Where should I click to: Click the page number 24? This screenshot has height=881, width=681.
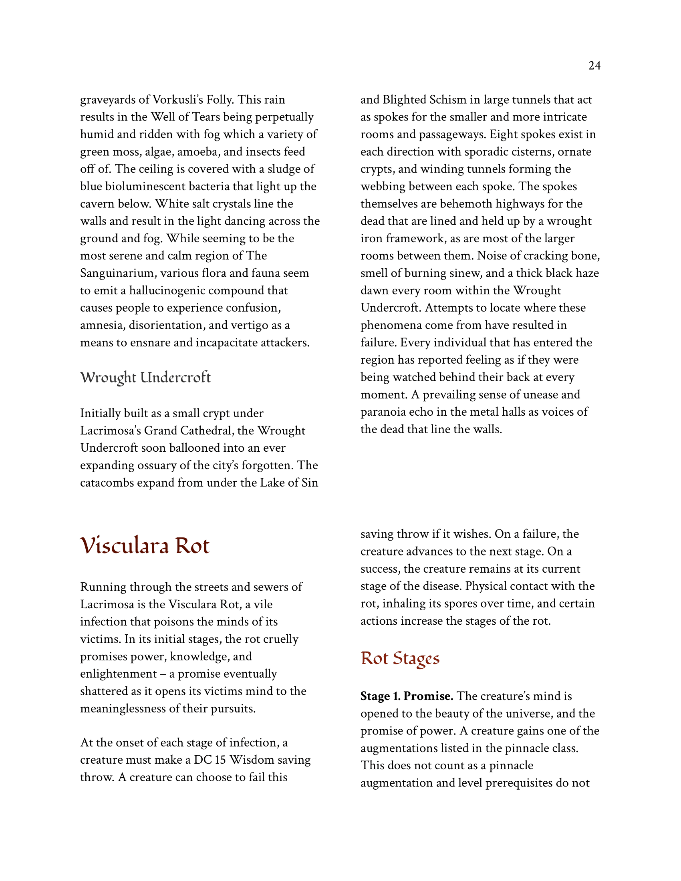[594, 66]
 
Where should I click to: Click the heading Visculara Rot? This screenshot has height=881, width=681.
[145, 546]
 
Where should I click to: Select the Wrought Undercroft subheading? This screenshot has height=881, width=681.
[145, 378]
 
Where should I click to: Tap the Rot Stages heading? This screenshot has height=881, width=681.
[400, 658]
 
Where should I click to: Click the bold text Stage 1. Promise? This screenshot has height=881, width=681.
[407, 696]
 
